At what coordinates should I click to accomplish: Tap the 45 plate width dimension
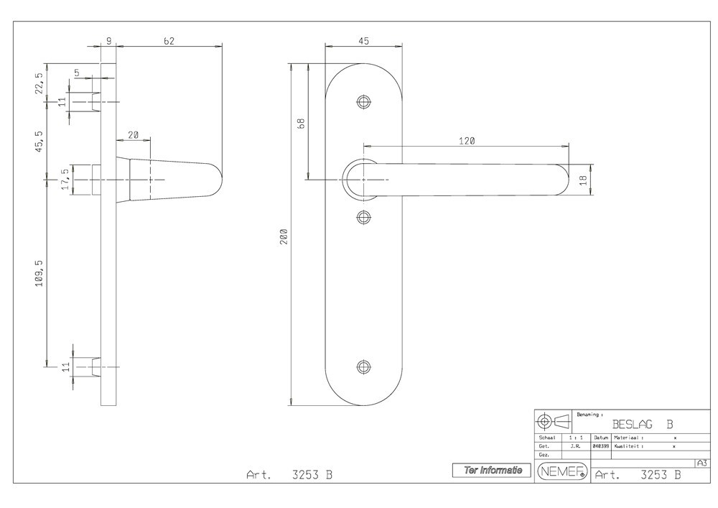tap(363, 41)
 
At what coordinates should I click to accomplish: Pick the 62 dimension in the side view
tap(169, 41)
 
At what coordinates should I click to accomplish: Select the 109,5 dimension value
tap(39, 272)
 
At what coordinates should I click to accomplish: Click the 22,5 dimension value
tap(39, 83)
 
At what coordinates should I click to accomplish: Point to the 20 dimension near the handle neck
tap(134, 135)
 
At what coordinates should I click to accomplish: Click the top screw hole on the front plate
tap(363, 101)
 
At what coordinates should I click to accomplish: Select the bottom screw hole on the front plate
tap(363, 367)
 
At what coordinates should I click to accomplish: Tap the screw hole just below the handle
tap(363, 216)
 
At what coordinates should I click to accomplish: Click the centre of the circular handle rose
tap(363, 179)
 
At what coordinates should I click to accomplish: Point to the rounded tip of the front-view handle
tap(564, 179)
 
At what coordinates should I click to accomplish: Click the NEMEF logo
tap(562, 471)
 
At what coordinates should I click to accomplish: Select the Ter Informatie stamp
tap(493, 471)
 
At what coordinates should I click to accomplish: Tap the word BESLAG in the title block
tap(633, 425)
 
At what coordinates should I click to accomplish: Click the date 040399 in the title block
tap(600, 446)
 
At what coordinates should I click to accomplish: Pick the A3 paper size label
tap(701, 463)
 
